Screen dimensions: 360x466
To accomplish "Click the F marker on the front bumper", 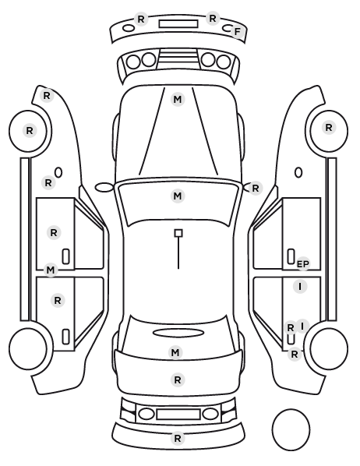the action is [237, 31].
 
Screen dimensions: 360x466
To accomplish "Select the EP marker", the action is [303, 264].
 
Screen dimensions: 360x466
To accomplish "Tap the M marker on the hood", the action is [178, 99].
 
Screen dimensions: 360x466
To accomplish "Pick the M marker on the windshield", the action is [178, 196].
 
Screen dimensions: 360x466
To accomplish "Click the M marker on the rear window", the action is [175, 353].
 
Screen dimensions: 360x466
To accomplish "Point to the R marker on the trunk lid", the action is [178, 380].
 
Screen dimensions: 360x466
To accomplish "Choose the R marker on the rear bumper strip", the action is [178, 439].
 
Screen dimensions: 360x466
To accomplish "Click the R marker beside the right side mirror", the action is [256, 188].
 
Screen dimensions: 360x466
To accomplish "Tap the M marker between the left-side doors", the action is [51, 270].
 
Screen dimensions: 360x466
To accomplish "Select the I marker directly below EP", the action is [300, 287].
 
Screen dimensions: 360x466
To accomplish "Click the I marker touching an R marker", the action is [302, 327].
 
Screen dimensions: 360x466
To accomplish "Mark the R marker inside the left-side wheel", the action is [30, 130].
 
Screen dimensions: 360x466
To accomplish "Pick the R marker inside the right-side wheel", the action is [329, 128].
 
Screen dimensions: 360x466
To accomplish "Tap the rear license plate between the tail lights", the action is [178, 415].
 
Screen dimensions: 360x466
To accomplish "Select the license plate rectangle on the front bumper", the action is [178, 24].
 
